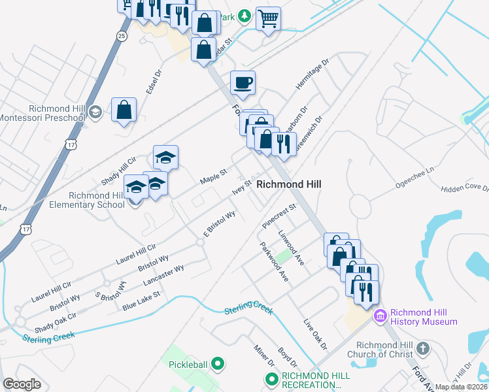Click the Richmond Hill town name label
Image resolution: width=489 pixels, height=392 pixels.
288,184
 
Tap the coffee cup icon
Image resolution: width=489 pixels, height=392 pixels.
243,82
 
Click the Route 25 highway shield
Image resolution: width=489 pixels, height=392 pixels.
122,35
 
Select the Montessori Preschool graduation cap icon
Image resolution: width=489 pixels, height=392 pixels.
95,112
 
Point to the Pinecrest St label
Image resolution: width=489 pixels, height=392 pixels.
280,216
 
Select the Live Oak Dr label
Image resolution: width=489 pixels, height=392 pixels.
314,333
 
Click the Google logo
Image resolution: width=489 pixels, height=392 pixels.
22,384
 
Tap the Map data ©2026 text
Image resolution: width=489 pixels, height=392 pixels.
462,387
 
